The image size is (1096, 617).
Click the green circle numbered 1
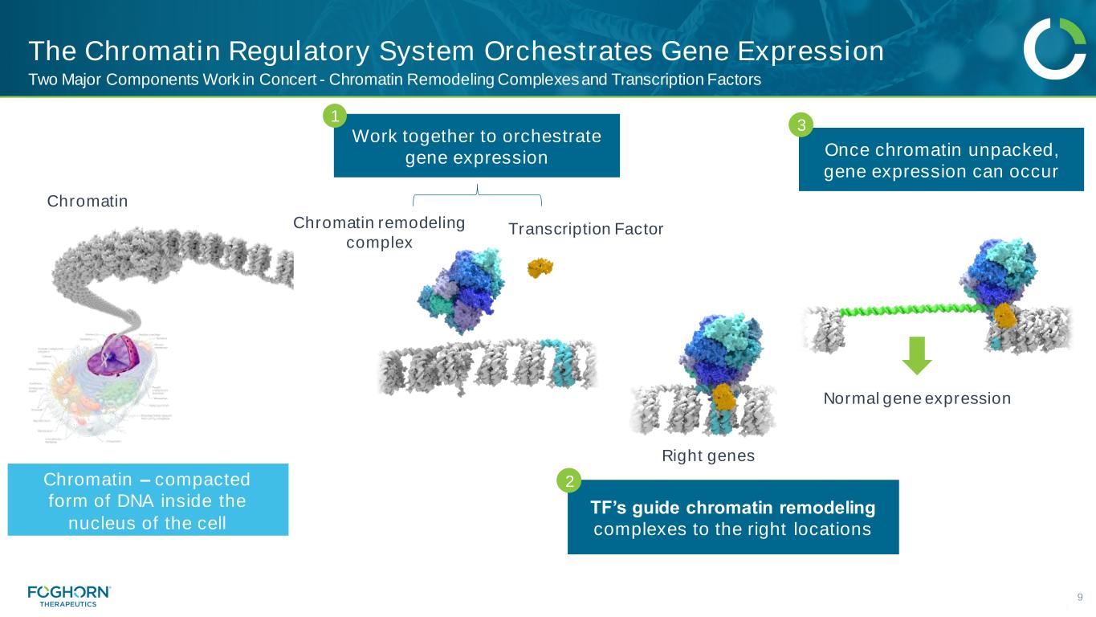click(x=335, y=117)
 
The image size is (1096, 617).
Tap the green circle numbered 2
click(x=568, y=482)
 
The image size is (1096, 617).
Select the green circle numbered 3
click(x=800, y=125)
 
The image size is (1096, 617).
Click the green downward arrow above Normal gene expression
click(x=917, y=356)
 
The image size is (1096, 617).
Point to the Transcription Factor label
click(x=586, y=230)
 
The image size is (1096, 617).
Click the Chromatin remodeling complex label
click(x=379, y=232)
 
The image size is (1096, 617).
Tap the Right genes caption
click(x=708, y=456)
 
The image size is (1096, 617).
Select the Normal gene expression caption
click(x=917, y=398)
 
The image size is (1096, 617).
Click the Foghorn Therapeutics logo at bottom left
click(x=69, y=595)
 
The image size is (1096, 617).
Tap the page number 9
click(x=1080, y=596)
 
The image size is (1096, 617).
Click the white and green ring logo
click(x=1054, y=49)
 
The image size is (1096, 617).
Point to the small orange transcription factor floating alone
click(x=540, y=268)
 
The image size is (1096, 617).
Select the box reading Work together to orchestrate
click(x=476, y=146)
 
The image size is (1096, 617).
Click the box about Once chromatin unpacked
click(x=941, y=160)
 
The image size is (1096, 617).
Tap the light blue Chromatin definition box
click(x=148, y=500)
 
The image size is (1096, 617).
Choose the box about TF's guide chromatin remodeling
click(x=732, y=518)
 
